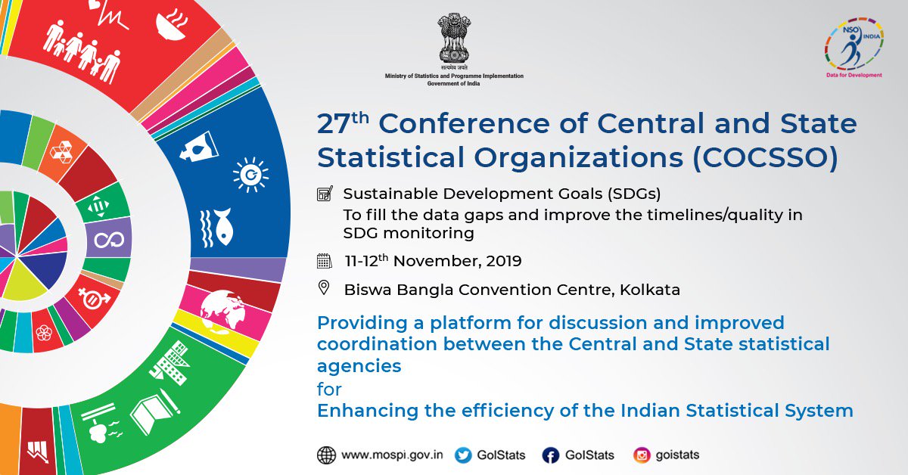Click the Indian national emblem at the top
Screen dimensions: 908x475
click(454, 39)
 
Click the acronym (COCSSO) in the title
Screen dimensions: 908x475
click(765, 157)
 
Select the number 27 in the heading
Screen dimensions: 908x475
click(334, 124)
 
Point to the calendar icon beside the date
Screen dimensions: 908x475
click(325, 261)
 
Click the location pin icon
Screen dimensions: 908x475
click(324, 287)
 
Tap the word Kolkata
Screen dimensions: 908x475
click(650, 290)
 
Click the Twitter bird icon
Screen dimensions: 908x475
click(463, 455)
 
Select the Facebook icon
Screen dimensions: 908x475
click(551, 455)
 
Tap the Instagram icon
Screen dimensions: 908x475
click(642, 455)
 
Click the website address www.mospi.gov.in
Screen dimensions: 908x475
click(392, 455)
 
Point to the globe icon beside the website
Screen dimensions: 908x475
click(326, 455)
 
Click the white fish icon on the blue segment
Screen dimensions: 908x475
click(217, 228)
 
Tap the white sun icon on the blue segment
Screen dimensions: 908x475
click(250, 175)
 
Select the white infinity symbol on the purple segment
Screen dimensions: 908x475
click(109, 240)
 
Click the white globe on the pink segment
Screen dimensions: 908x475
click(222, 312)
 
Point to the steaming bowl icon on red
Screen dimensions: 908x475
click(173, 24)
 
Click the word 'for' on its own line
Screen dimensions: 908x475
click(329, 389)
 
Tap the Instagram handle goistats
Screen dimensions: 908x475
click(677, 455)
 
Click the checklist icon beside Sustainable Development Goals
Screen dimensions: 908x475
click(325, 194)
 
